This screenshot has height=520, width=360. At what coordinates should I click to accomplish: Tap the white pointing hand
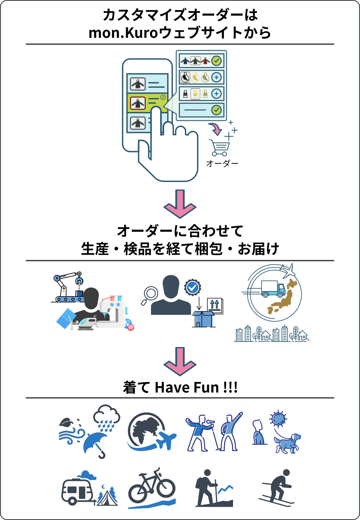click(x=170, y=157)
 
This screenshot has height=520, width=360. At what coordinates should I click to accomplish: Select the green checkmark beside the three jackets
click(x=217, y=61)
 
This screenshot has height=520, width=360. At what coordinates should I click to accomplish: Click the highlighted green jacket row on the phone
click(x=147, y=103)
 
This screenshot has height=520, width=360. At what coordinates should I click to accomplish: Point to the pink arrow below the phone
click(x=180, y=204)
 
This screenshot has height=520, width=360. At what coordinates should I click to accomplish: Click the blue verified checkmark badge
click(x=193, y=287)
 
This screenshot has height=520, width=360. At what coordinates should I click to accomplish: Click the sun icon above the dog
click(x=278, y=419)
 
